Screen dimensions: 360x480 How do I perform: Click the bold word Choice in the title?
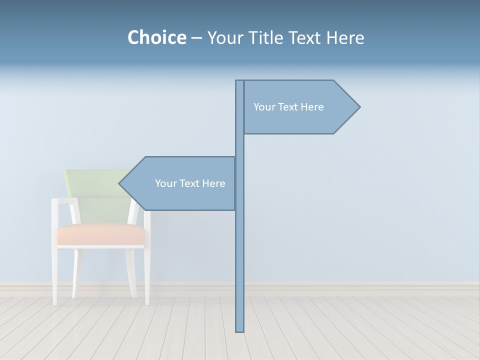pos(156,37)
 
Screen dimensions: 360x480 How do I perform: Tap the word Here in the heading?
pos(345,37)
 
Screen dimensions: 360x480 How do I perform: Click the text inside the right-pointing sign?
pos(288,107)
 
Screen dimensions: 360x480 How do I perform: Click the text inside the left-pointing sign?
pos(190,183)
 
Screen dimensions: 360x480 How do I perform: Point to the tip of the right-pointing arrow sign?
pos(359,106)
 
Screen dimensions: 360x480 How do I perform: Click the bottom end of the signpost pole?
pos(240,330)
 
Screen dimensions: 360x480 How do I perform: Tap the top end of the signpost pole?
pos(240,81)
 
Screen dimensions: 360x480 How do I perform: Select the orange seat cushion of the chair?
pos(100,234)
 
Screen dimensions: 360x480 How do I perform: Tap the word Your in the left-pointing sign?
pos(165,183)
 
